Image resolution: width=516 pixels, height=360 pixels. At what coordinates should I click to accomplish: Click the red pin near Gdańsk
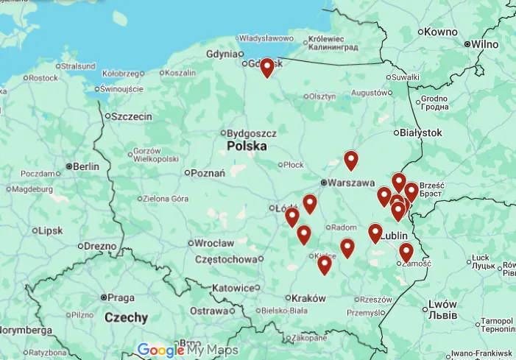(266, 68)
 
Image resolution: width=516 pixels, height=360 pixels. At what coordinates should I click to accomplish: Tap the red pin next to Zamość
(406, 253)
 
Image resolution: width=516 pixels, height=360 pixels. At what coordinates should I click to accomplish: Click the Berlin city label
(85, 166)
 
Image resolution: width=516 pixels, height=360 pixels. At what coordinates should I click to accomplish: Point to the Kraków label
(308, 298)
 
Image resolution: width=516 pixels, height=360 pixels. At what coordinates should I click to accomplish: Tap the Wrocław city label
(215, 243)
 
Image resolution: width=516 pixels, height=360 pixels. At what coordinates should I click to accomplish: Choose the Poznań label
(208, 174)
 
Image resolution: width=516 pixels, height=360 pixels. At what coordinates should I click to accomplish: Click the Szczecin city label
(132, 116)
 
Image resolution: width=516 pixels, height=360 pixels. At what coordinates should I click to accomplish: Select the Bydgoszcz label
(252, 133)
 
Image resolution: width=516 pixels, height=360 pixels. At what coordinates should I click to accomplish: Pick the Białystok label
(422, 133)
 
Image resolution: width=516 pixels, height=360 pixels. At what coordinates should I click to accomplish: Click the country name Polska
(247, 147)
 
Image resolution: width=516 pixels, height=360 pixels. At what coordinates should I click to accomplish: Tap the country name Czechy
(126, 318)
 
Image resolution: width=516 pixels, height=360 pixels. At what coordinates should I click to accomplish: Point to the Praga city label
(121, 297)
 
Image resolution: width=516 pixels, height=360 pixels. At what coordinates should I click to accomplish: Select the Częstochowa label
(229, 259)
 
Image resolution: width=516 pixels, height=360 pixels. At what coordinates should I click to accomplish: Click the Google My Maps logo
(187, 350)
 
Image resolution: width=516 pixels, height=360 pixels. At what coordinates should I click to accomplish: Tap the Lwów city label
(442, 304)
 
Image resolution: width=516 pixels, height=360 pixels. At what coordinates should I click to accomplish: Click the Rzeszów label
(377, 300)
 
